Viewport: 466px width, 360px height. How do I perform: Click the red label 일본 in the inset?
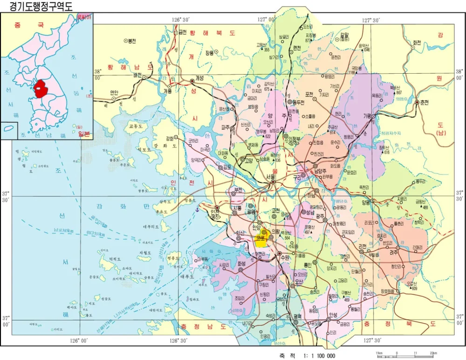(84, 134)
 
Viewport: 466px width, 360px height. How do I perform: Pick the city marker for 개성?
(192, 81)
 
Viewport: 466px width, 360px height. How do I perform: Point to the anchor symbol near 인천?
(197, 211)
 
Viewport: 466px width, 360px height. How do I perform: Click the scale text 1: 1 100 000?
(314, 355)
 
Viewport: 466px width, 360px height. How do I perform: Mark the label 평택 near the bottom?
(298, 316)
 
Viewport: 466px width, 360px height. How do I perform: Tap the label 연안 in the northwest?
(114, 92)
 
